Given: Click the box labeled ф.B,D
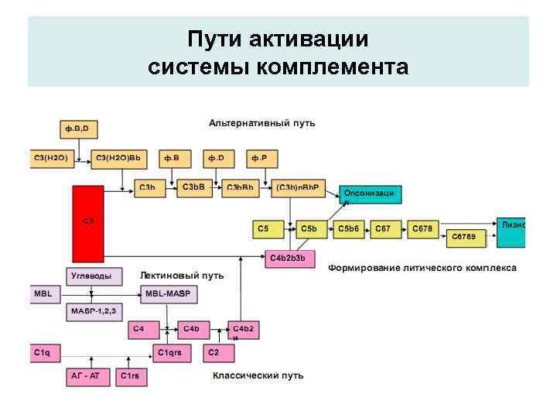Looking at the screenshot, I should pos(80,127).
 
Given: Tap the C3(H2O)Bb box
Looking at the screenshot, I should pos(119,159).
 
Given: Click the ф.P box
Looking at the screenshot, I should pos(262,159).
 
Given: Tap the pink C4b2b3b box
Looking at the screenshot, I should pos(291,259).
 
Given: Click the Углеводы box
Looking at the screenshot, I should pos(91,276).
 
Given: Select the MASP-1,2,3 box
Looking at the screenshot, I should pos(93,313).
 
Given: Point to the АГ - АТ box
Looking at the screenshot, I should pos(87,376).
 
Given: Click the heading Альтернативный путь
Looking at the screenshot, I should pos(261,123).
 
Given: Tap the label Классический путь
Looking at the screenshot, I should pos(258,375).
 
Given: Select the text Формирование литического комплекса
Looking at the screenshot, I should pos(422,268).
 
